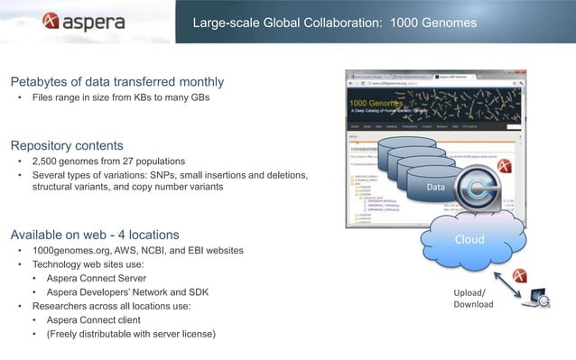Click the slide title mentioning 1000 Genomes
[335, 22]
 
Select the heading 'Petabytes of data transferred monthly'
[117, 82]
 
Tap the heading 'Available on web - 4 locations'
[101, 235]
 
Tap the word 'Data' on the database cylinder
[436, 187]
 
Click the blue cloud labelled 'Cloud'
[469, 239]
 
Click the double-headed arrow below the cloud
[511, 285]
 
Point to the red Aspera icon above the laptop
[521, 274]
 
